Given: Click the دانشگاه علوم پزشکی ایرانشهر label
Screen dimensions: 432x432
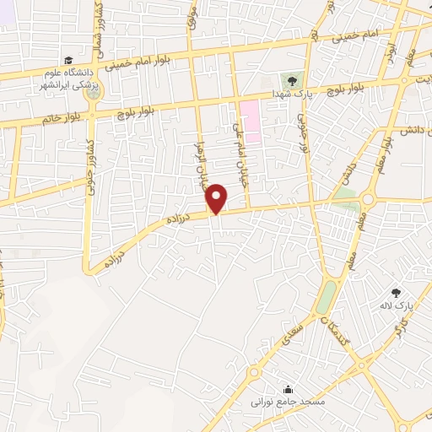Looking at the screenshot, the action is tap(71, 78).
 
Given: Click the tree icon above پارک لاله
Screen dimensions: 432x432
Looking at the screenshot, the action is tap(397, 290).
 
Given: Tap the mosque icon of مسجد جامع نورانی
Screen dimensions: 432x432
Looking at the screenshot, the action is tap(289, 389).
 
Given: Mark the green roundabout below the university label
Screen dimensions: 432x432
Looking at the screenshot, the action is tap(92, 89).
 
